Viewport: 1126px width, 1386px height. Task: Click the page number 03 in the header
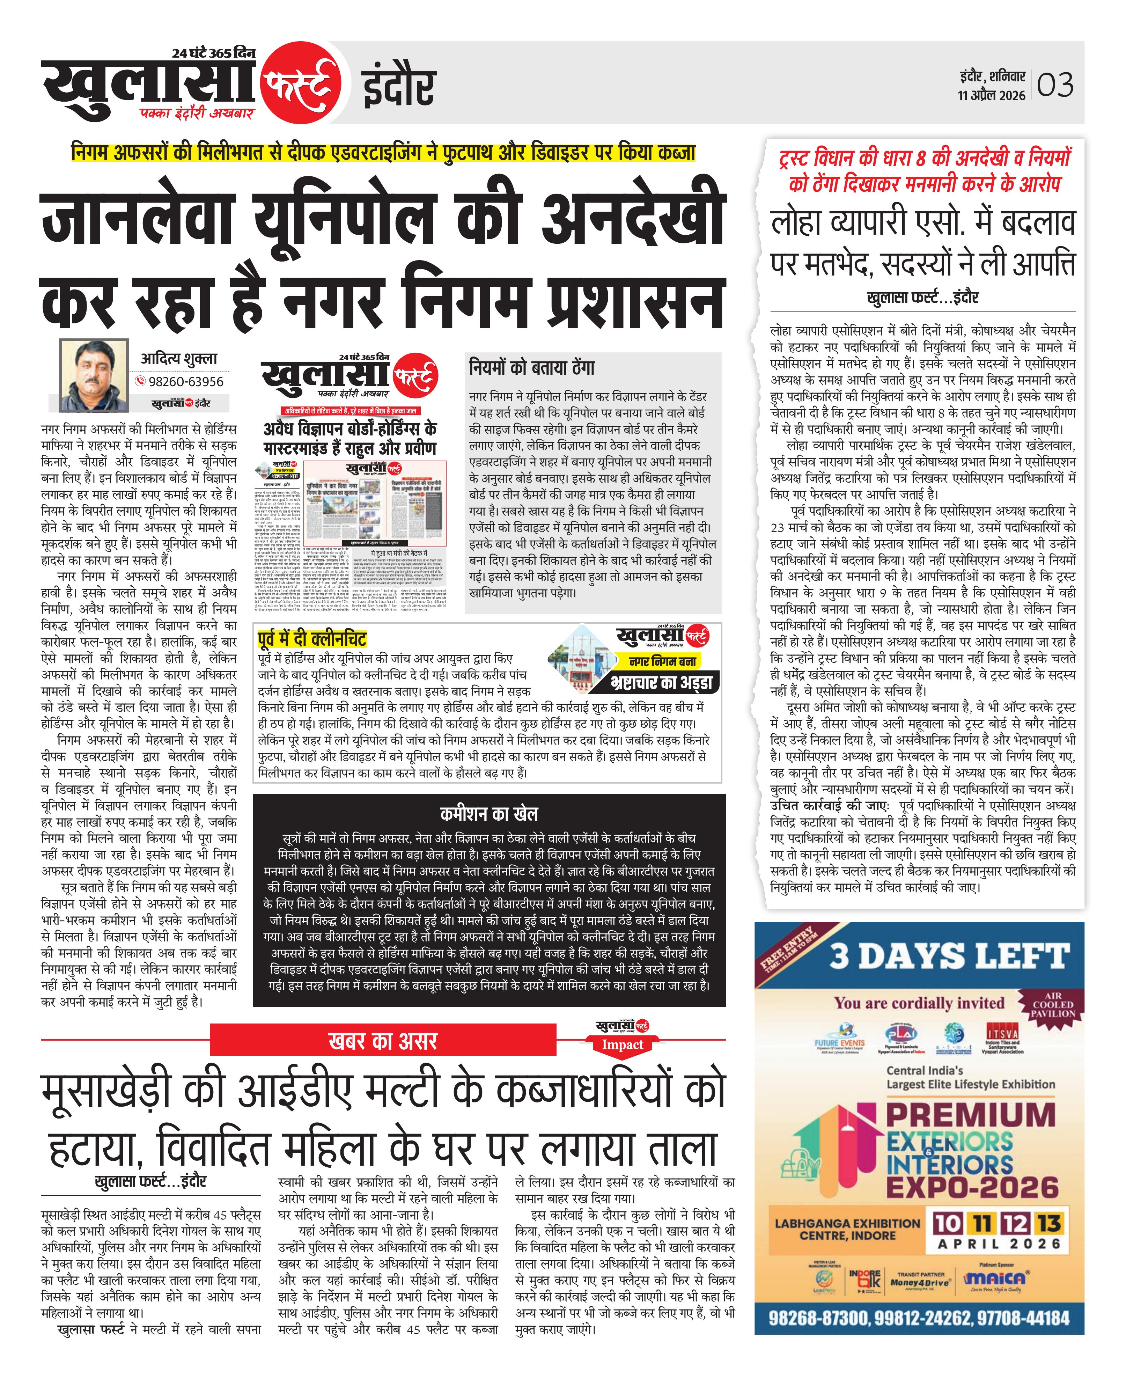click(1055, 85)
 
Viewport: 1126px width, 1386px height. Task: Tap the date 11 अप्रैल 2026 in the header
click(991, 95)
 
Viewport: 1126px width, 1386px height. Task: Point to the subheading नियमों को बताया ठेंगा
click(532, 368)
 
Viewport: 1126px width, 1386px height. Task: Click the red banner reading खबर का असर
click(383, 1041)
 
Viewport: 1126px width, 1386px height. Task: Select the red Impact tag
click(623, 1045)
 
